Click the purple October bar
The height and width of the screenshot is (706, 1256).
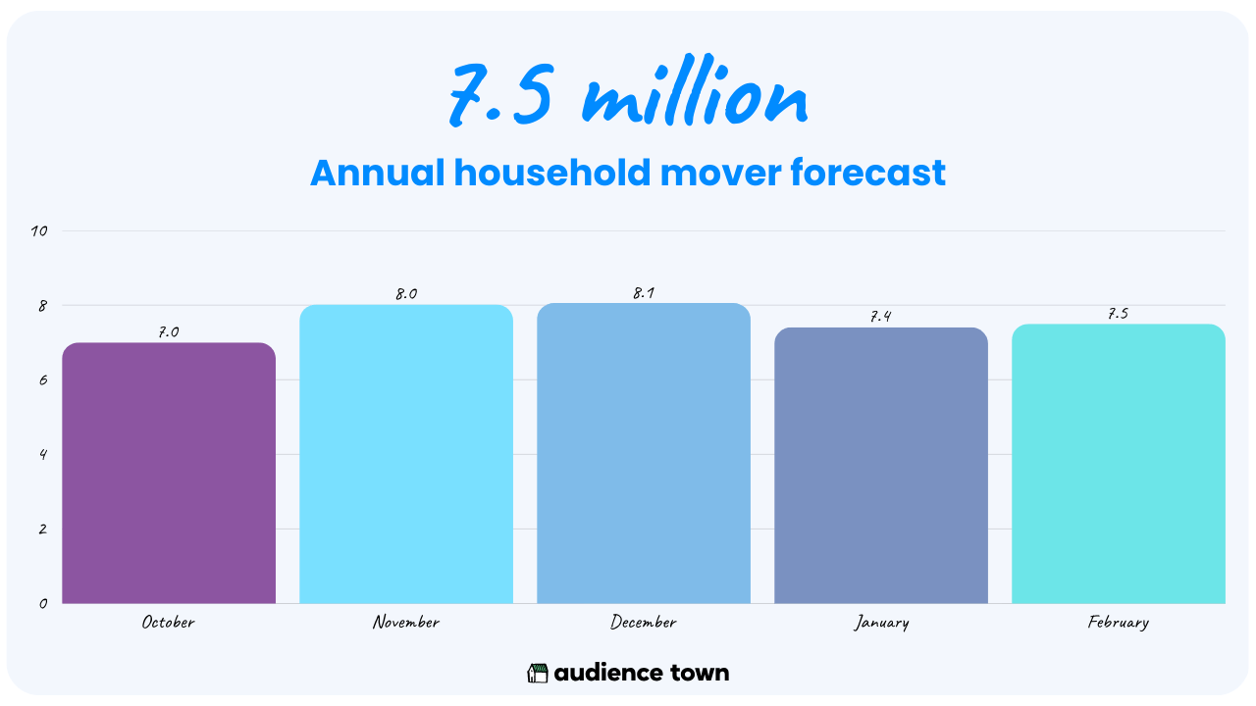(169, 473)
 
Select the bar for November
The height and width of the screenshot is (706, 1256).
(406, 454)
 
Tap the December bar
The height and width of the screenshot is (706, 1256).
(644, 453)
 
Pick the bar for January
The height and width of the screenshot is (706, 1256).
(881, 465)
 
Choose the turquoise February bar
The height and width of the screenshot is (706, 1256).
(1119, 464)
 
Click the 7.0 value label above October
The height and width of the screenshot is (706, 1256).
(168, 332)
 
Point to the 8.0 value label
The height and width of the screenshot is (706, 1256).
(406, 294)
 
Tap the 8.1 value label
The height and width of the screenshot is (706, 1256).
(644, 293)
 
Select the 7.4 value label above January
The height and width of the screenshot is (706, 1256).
(881, 317)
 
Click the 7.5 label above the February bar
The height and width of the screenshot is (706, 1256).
(1118, 314)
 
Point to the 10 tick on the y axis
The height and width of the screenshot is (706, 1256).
(39, 230)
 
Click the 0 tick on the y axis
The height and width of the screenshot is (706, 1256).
(43, 603)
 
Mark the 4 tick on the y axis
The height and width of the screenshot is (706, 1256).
(43, 454)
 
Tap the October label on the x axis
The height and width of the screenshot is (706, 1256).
(168, 623)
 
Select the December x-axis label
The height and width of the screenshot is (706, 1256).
(643, 623)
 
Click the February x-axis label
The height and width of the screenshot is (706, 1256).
(1118, 623)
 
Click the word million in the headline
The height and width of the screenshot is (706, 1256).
(695, 91)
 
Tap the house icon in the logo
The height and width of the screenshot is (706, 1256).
(537, 673)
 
